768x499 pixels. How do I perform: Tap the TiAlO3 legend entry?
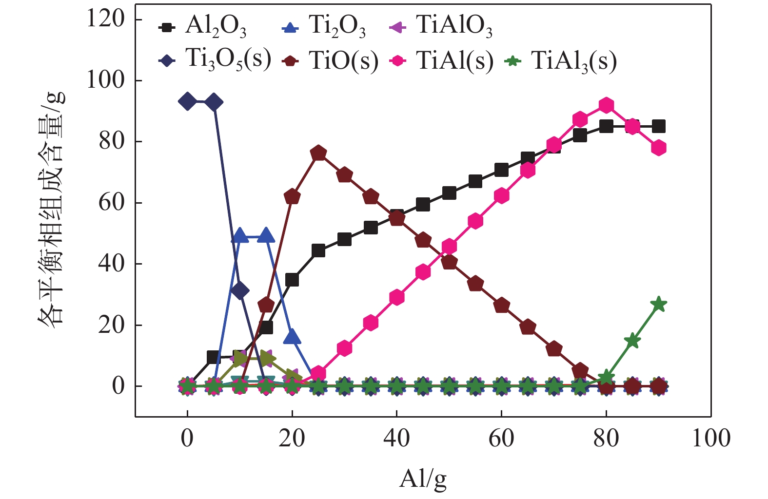442,26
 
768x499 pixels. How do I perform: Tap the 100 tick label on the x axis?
711,438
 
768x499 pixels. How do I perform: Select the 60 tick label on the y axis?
112,203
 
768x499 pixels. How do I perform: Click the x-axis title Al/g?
423,479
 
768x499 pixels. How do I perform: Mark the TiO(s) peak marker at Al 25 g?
318,154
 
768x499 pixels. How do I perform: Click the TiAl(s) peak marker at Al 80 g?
606,105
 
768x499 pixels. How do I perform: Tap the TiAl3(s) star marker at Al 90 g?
659,304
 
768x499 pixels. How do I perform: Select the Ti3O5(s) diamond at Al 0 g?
187,102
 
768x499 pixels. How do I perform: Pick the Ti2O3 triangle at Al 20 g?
292,336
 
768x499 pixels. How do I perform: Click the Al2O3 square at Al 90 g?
659,126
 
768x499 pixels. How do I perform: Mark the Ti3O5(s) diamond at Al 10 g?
239,291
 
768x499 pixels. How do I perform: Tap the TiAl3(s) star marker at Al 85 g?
632,340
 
